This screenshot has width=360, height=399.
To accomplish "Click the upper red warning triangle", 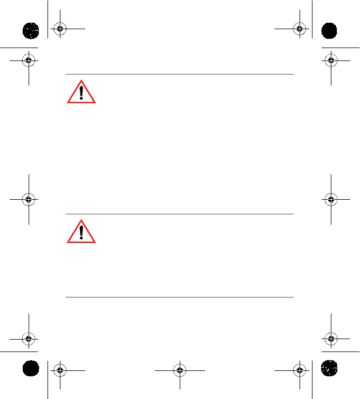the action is click(x=81, y=92).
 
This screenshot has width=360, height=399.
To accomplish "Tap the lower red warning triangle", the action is click(x=81, y=232).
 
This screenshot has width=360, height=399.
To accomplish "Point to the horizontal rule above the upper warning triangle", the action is click(x=180, y=75).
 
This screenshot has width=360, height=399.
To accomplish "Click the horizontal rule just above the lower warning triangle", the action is click(x=180, y=214).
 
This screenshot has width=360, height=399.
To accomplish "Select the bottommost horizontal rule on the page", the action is click(x=180, y=297).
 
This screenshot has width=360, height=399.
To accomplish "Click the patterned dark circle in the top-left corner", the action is click(x=30, y=30).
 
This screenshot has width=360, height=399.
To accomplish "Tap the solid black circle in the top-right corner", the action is click(x=329, y=30).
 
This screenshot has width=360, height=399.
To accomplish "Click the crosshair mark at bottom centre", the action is click(x=180, y=370).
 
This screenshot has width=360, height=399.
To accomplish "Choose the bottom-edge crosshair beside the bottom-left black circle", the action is click(x=60, y=370).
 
